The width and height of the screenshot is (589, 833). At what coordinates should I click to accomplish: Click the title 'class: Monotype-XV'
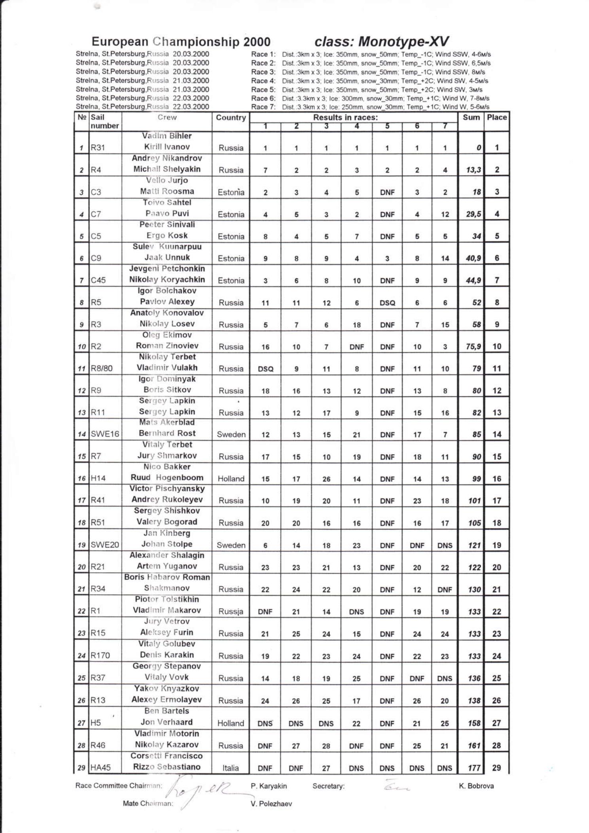click(382, 42)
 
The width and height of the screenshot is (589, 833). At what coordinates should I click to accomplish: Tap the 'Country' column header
click(231, 118)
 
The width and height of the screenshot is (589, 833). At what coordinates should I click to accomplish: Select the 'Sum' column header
click(471, 117)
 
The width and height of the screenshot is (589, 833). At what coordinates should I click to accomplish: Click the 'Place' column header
click(496, 117)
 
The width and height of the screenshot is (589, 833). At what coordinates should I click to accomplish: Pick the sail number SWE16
click(105, 434)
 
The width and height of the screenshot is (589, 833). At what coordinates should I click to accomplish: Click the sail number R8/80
click(102, 368)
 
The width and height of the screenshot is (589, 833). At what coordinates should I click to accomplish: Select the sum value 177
click(474, 768)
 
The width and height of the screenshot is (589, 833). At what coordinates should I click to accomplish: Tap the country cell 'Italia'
click(230, 768)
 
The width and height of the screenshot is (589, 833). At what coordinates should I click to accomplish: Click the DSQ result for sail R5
click(387, 303)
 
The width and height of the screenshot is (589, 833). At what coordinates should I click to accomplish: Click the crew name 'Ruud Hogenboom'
click(167, 477)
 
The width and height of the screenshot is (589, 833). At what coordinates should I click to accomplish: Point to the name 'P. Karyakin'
click(269, 786)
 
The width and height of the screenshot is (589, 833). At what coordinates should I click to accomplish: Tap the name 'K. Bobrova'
click(476, 786)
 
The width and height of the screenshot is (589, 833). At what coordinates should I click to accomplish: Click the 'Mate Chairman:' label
click(148, 803)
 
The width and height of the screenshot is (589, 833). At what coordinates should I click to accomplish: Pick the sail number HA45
click(100, 768)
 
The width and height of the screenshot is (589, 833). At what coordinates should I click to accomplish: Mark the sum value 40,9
click(473, 258)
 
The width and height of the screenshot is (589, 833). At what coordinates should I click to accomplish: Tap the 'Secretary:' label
click(328, 786)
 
